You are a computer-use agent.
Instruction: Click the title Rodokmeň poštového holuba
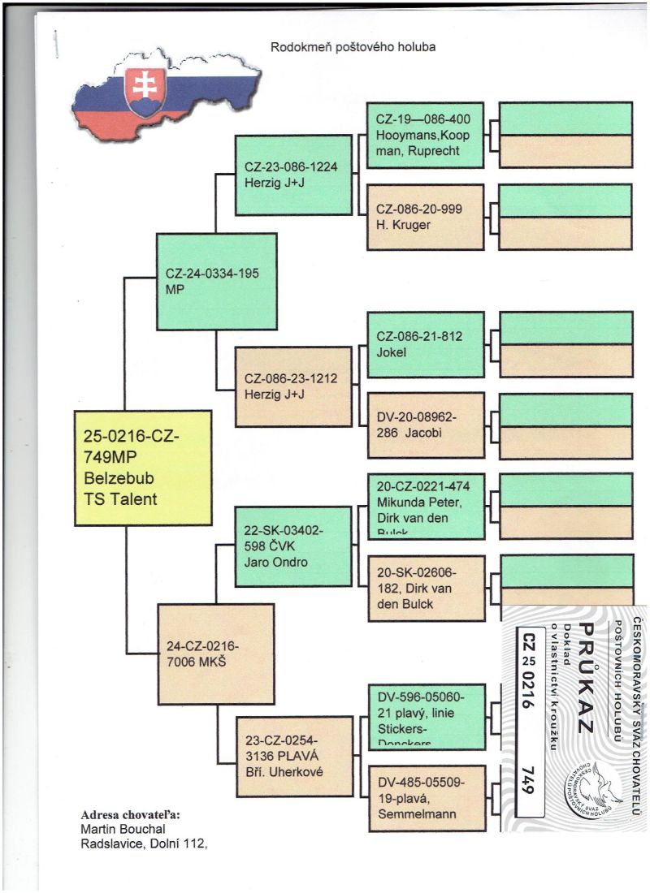(x=353, y=47)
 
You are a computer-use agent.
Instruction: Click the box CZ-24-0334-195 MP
(x=215, y=281)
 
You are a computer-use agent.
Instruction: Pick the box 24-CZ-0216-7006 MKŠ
(x=215, y=654)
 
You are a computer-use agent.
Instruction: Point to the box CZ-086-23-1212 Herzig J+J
(x=293, y=385)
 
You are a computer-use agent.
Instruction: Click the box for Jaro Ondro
(x=293, y=546)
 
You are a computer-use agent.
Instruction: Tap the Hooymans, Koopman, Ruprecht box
(x=425, y=135)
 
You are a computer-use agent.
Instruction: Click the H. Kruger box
(x=425, y=216)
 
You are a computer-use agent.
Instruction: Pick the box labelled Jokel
(x=425, y=343)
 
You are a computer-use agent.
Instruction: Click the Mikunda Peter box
(x=425, y=505)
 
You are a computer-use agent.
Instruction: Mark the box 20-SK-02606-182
(x=425, y=587)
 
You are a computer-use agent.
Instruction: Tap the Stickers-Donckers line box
(x=425, y=715)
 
